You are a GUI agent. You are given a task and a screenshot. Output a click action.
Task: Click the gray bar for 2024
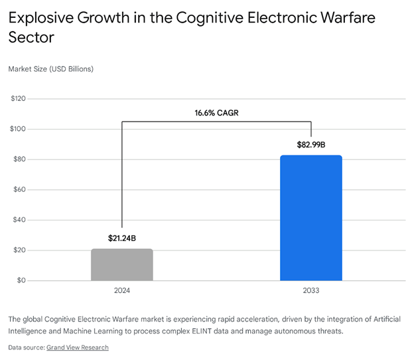tap(122, 264)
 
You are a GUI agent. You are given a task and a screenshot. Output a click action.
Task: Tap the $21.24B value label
tap(122, 237)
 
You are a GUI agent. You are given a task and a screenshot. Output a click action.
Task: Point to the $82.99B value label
tap(311, 144)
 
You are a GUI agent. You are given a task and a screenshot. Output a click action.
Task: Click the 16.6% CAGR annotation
tap(216, 113)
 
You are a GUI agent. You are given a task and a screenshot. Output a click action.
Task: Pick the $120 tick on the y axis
tap(18, 99)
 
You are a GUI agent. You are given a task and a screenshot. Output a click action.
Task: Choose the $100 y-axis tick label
tap(18, 129)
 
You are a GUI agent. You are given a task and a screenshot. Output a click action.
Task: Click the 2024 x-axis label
tap(122, 290)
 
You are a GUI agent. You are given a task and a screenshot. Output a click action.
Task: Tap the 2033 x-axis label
tap(311, 290)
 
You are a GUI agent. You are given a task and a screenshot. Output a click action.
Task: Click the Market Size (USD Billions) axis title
tap(50, 68)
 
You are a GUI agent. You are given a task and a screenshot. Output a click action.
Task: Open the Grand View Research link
tap(77, 347)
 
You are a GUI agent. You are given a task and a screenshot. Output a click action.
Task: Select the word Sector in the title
tap(31, 38)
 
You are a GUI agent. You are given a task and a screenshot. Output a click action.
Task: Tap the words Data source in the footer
tap(25, 347)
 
